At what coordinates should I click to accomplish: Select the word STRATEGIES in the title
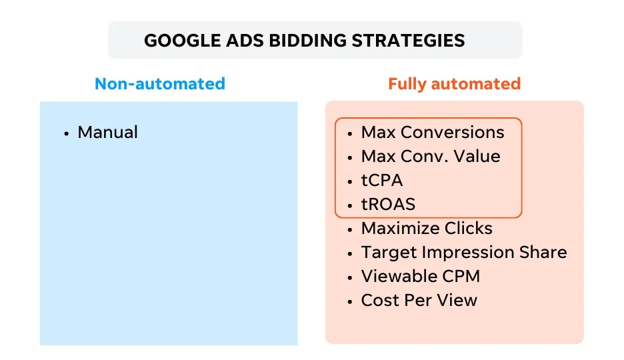pos(408,41)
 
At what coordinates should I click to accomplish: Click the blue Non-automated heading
pos(160,84)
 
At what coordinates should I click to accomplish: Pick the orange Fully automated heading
pos(455,84)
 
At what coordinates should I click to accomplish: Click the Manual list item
pos(107,133)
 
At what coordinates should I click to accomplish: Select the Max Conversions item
pos(433,133)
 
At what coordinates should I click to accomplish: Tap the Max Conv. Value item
pos(431,156)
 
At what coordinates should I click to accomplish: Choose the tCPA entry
pos(382,181)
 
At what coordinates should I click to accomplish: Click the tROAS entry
pos(388,205)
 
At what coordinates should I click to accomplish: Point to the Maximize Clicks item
pos(427,228)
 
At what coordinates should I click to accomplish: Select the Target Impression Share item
pos(464,253)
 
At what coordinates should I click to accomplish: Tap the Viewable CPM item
pos(421,277)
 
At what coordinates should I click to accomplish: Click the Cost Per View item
pos(419,300)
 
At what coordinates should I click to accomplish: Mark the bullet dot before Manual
pos(67,134)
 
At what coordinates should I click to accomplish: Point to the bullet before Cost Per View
pos(350,302)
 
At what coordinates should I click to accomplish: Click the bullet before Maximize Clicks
pos(350,230)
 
